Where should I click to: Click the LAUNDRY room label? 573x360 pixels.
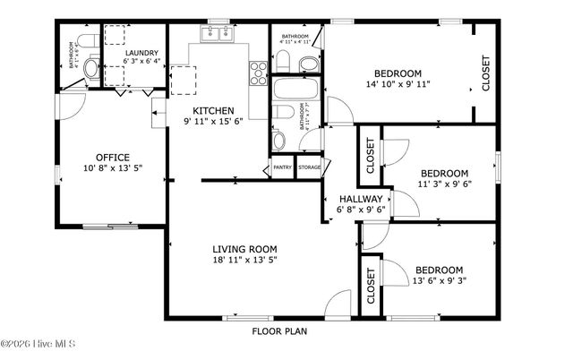(x=141, y=53)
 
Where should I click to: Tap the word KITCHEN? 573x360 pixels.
(x=213, y=110)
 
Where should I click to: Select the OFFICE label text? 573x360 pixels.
(x=113, y=157)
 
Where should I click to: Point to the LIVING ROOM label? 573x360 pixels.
(x=244, y=249)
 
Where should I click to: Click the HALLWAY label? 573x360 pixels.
(x=361, y=199)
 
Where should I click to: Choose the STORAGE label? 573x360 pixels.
(x=309, y=167)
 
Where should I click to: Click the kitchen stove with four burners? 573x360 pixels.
(x=258, y=71)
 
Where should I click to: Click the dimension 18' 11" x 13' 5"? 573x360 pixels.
(x=244, y=261)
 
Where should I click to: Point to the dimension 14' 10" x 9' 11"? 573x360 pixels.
(x=398, y=84)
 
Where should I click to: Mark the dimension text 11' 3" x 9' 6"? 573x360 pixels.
(x=444, y=184)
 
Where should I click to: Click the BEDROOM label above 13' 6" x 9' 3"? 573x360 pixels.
(x=438, y=270)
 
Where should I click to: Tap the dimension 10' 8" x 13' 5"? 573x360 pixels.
(x=113, y=168)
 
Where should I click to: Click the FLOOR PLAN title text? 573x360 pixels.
(x=278, y=330)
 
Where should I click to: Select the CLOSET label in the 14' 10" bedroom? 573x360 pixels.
(x=486, y=73)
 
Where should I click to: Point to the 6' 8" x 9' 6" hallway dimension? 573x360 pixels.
(x=361, y=210)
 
